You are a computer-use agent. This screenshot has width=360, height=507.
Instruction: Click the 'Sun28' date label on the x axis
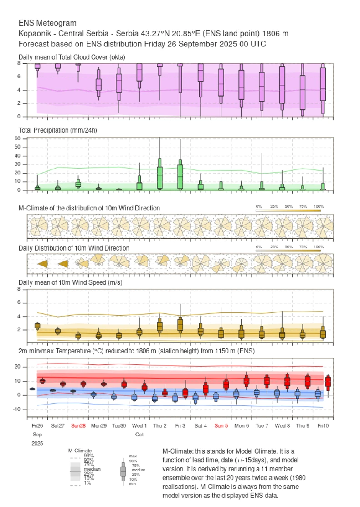[78, 426]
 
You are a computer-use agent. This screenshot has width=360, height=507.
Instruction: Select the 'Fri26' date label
[37, 426]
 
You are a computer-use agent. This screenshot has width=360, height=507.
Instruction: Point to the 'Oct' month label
[139, 435]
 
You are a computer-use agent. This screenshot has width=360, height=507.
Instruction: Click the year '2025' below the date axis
[37, 443]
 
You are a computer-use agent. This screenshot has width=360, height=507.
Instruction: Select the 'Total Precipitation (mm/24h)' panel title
[57, 130]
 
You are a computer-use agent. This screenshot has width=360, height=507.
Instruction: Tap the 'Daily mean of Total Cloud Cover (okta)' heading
[72, 57]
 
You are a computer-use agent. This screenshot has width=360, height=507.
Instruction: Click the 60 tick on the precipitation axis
[18, 138]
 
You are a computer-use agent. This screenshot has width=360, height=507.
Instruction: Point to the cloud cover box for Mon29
[98, 85]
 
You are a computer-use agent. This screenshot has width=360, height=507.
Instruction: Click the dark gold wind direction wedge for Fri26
[43, 264]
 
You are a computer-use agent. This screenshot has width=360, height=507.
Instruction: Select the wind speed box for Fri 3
[180, 324]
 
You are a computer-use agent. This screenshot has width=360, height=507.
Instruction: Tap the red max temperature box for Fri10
[328, 382]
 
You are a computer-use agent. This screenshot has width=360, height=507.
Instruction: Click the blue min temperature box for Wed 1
[134, 397]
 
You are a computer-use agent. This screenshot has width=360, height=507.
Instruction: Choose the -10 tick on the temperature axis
[17, 410]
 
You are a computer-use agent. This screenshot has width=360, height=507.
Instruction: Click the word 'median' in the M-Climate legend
[92, 469]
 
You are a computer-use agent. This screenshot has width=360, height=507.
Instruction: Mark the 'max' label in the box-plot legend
[133, 456]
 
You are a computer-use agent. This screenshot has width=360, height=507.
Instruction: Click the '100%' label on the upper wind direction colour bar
[318, 207]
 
